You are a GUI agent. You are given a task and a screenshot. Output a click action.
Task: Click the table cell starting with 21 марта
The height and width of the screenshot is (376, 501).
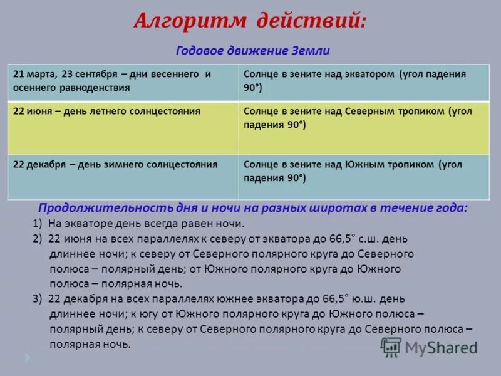pyautogui.click(x=123, y=81)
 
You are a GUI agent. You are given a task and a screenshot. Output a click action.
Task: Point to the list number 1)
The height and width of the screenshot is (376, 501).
pyautogui.click(x=37, y=224)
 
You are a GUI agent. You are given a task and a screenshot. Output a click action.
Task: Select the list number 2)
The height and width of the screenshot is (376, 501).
pyautogui.click(x=37, y=239)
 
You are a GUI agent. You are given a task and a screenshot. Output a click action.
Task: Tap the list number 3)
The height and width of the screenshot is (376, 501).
pyautogui.click(x=37, y=299)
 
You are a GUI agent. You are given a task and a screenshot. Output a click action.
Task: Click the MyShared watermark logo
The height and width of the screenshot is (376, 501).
pyautogui.click(x=429, y=347)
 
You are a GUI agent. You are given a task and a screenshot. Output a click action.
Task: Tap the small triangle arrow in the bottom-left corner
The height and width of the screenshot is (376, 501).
pyautogui.click(x=28, y=358)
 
